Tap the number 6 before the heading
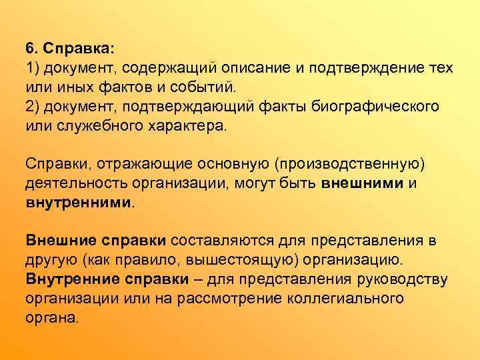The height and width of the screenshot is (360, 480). [x=30, y=49]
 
